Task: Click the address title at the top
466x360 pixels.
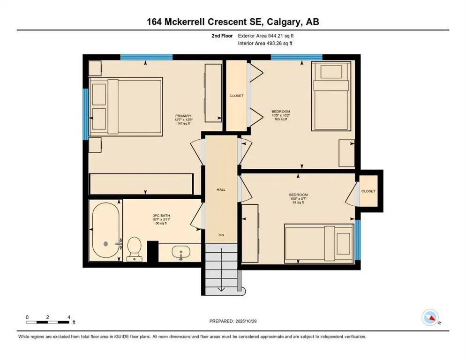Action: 233,22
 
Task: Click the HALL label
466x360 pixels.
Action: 221,189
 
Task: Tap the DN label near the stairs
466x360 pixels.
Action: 221,234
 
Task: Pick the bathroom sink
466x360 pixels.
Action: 180,254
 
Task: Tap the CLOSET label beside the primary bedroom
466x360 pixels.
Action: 236,96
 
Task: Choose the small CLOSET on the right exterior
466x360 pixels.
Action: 368,191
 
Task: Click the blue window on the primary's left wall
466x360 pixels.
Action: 85,114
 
